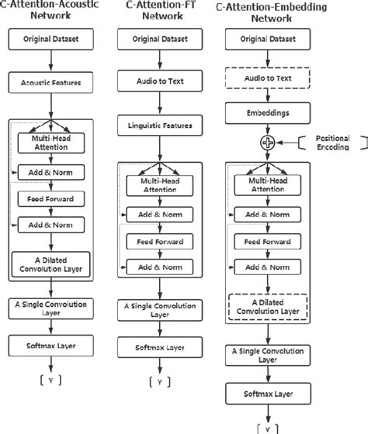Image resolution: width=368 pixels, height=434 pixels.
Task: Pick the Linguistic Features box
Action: tap(158, 126)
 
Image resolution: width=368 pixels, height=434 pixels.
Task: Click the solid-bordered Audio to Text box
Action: tap(158, 81)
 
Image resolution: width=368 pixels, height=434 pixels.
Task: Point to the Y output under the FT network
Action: tap(159, 382)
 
